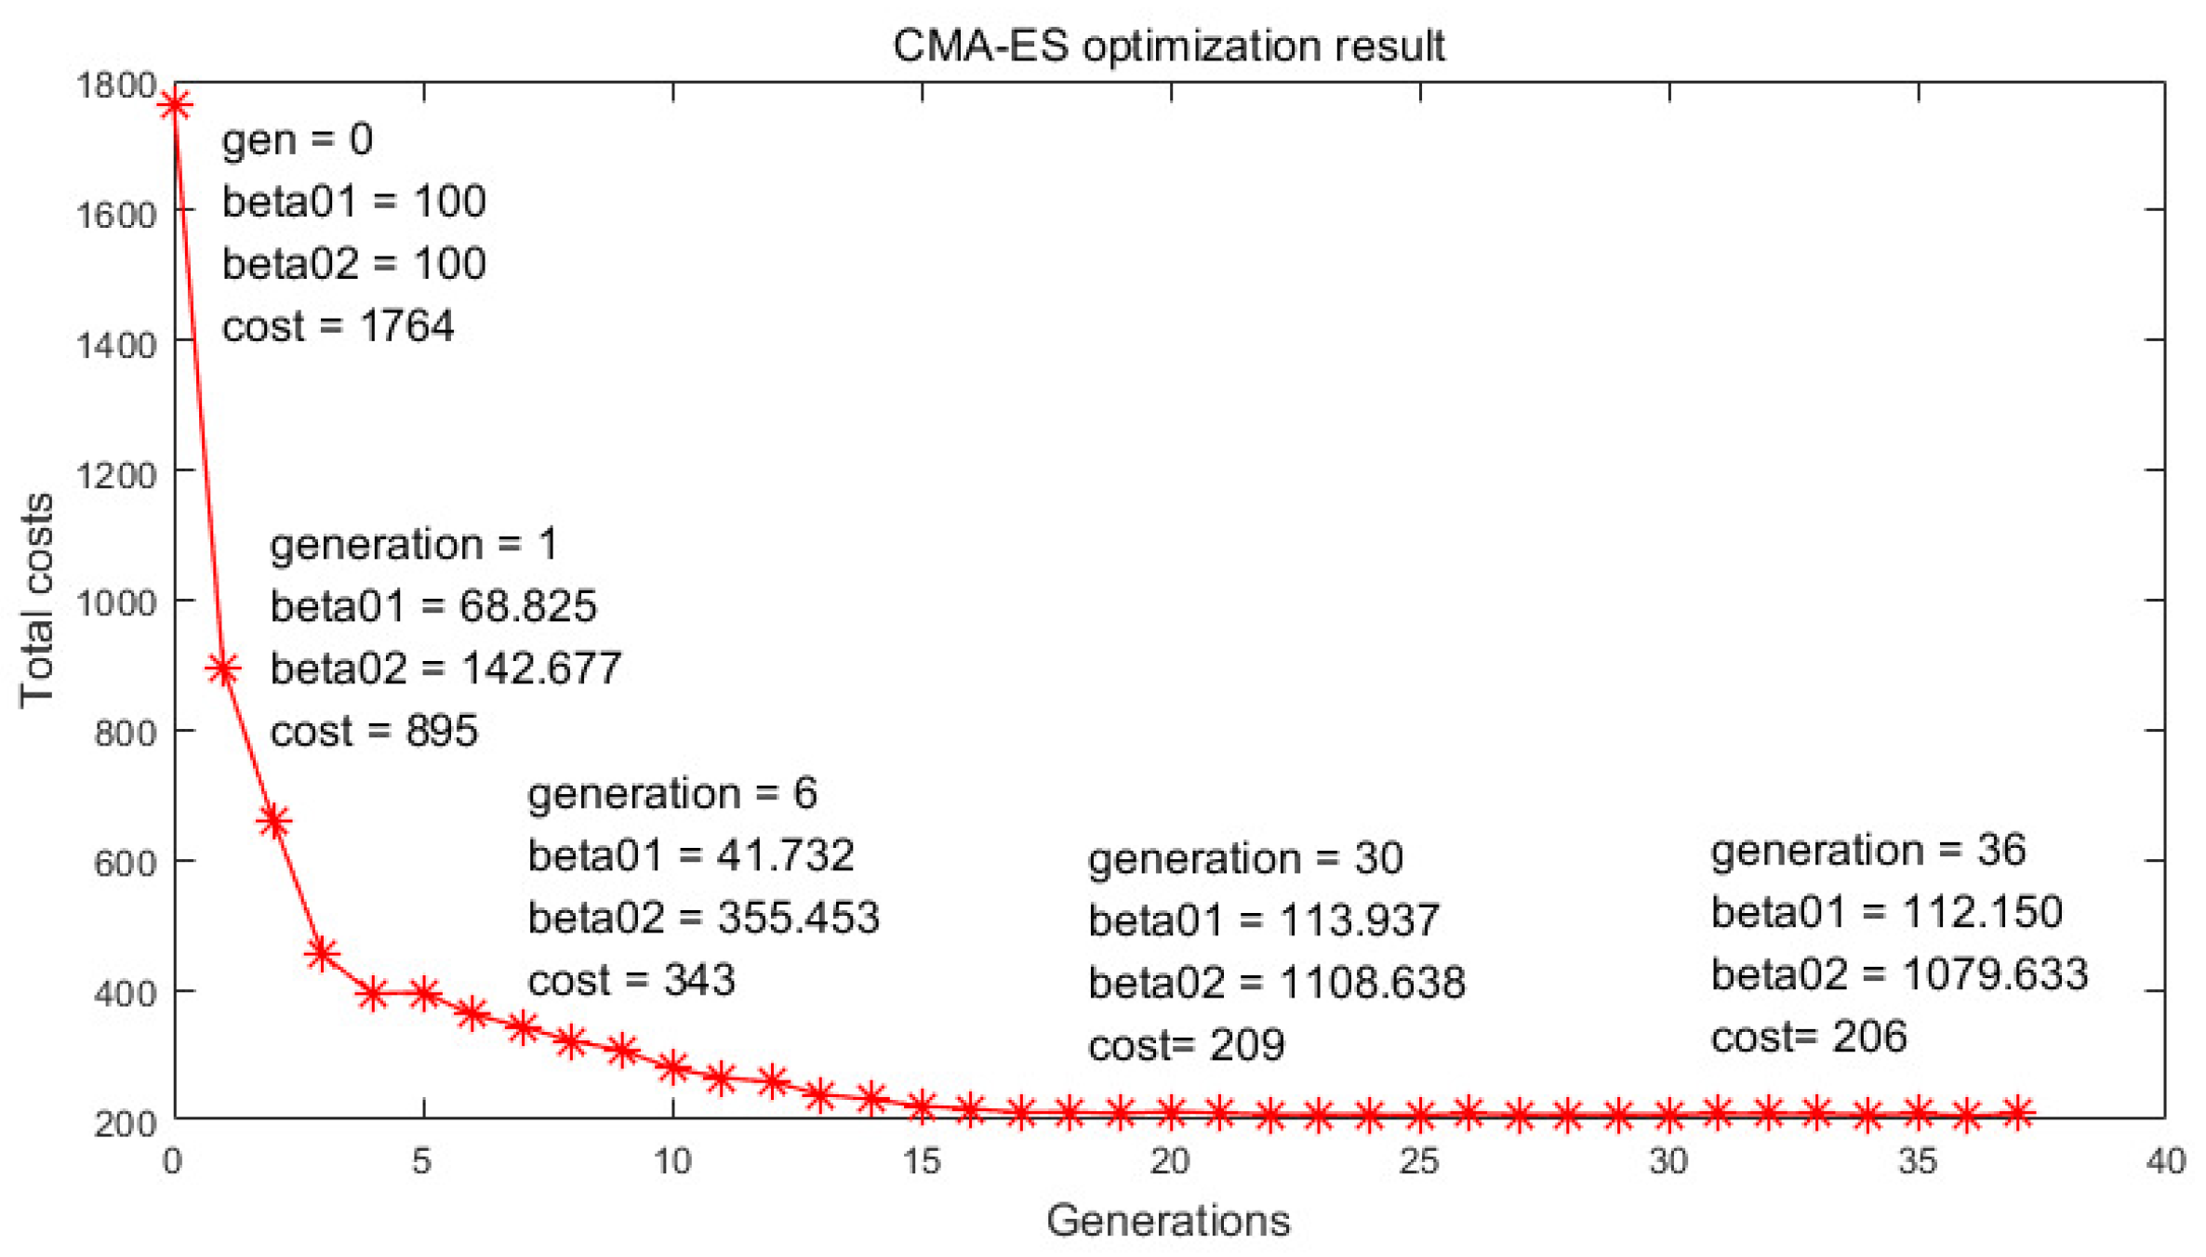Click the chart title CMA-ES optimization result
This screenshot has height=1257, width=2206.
1168,46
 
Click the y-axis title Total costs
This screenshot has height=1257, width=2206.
37,600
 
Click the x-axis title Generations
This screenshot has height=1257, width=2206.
1168,1220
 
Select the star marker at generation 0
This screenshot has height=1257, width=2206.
175,104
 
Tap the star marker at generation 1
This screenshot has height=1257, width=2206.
223,668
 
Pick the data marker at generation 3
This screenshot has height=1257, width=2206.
322,953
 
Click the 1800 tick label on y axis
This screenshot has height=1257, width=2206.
116,86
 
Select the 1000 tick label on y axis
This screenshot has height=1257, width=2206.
116,602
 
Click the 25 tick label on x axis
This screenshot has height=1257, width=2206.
1419,1161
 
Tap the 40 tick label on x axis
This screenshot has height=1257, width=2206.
2165,1161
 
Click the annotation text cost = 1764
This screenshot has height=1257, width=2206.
338,326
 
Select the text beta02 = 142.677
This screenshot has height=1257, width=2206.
445,668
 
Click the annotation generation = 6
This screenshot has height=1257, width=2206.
672,793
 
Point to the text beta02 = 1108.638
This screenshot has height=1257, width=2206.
1277,983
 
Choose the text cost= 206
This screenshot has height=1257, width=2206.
1809,1037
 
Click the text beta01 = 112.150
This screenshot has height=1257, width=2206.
1886,912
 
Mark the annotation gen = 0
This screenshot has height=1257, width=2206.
298,139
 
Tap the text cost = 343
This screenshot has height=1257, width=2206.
631,980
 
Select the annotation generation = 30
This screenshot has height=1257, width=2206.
1245,858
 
